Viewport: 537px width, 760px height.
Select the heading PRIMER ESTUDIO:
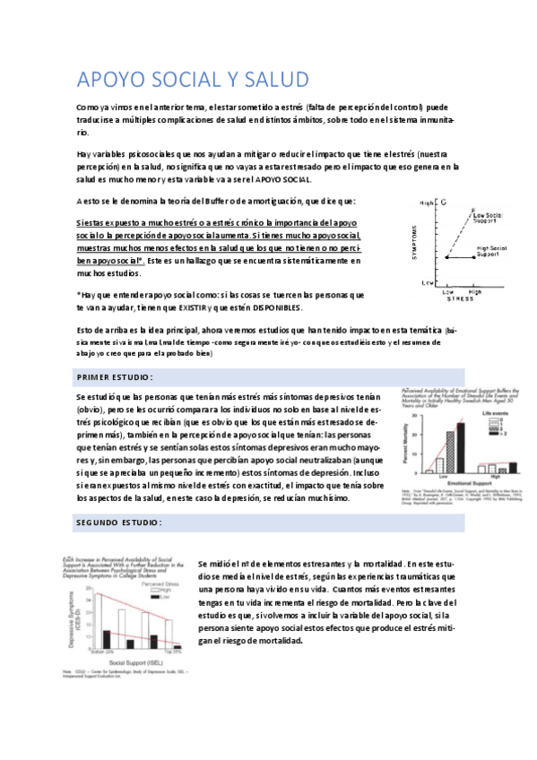115,376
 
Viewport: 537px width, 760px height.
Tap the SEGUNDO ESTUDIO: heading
118,522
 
